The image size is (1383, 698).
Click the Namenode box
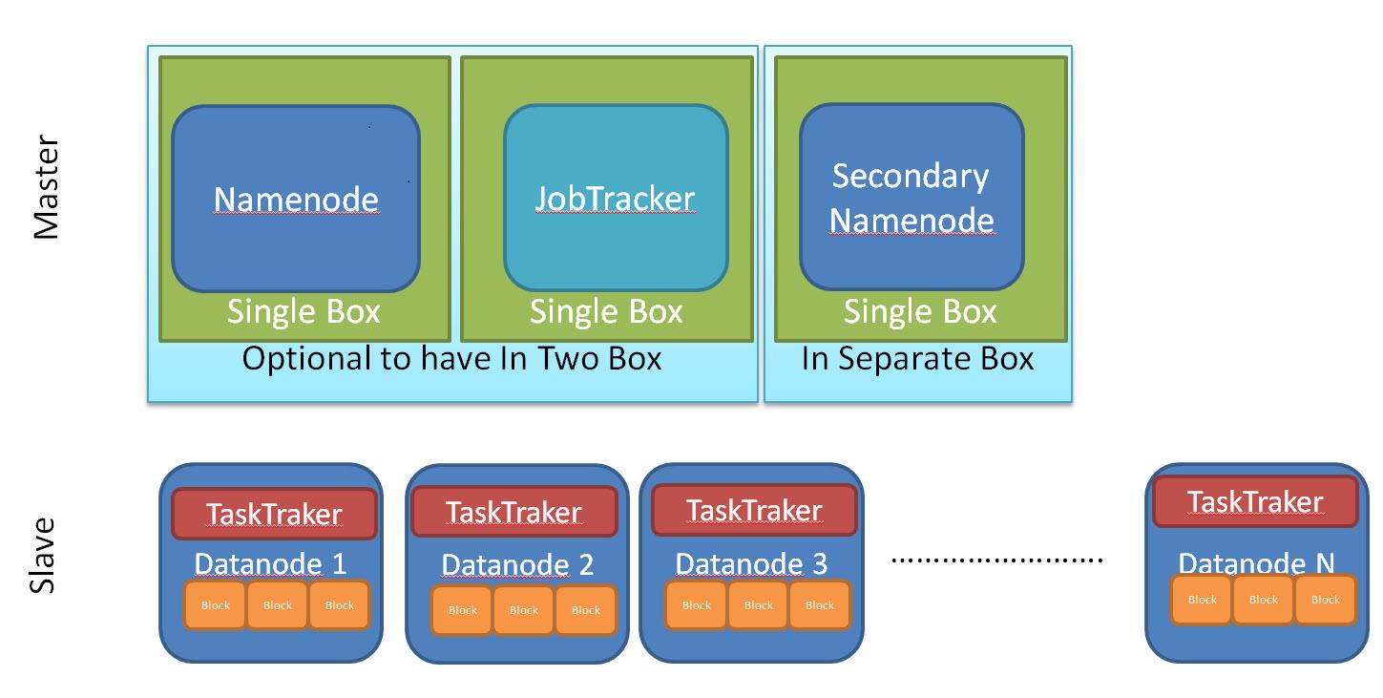[296, 199]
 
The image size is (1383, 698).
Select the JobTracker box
[616, 199]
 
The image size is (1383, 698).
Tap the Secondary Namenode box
[912, 198]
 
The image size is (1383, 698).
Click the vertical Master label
[46, 187]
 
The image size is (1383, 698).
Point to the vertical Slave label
[43, 556]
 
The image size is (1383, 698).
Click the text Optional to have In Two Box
[451, 359]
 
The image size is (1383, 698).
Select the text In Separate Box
[917, 359]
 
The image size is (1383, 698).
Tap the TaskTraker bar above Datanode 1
[274, 515]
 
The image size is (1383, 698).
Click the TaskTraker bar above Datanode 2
[513, 513]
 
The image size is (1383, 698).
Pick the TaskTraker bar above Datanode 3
[754, 511]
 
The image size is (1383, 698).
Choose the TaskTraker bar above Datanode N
[1255, 502]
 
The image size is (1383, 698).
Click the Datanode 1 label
[270, 563]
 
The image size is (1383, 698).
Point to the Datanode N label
[1256, 562]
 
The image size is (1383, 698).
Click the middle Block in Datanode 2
[524, 610]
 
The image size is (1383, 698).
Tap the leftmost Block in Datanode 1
[216, 605]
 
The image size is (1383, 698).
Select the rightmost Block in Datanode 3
[820, 605]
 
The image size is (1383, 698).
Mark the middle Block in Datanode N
[1263, 600]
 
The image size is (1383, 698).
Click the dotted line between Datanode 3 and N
[996, 559]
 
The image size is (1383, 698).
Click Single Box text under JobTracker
[606, 312]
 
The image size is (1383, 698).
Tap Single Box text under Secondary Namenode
[920, 312]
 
